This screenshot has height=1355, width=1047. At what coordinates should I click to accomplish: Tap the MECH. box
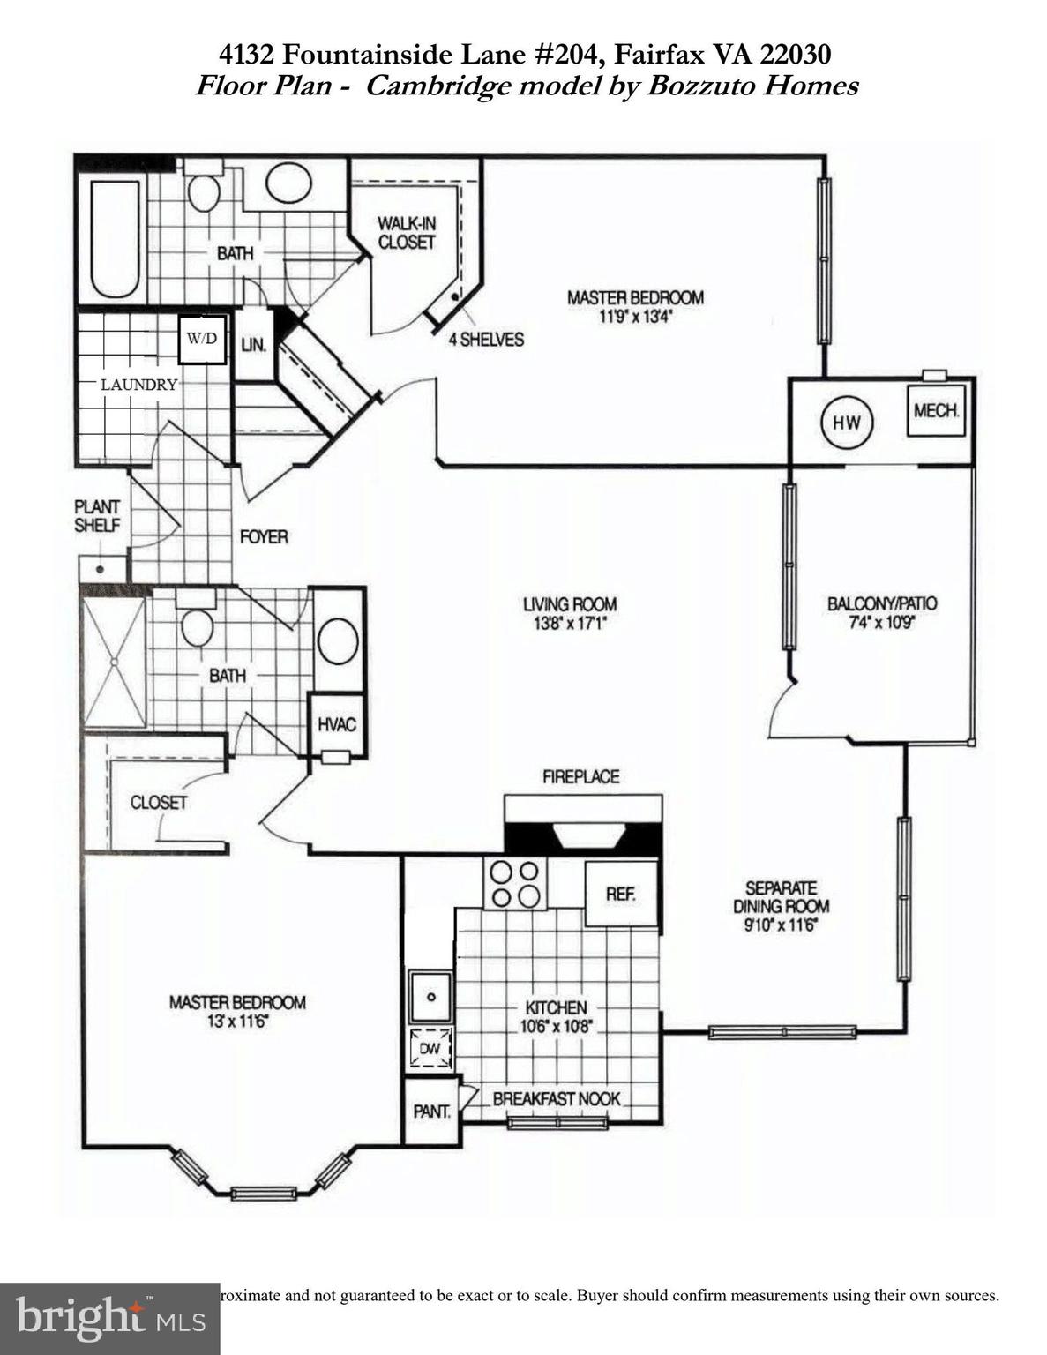[936, 411]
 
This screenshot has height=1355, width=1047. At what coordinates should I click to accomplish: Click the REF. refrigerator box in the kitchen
[621, 894]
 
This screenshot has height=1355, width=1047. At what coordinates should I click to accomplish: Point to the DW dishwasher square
[430, 1049]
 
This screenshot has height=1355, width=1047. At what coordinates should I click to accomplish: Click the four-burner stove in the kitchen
[515, 883]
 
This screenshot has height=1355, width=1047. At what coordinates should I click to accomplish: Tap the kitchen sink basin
[430, 997]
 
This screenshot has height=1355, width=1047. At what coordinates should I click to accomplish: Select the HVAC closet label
[337, 724]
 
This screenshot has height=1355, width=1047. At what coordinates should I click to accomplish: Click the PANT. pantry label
[432, 1112]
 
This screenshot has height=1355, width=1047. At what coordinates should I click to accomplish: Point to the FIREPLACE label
[580, 776]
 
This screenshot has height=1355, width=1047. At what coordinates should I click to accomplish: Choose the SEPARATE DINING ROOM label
[781, 897]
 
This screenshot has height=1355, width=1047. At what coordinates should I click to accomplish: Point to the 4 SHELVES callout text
[486, 340]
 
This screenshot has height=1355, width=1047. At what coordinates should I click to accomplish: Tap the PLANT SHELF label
[97, 515]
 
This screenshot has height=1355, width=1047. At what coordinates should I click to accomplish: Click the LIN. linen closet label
[254, 345]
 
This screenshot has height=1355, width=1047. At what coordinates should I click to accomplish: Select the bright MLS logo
[109, 1318]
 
